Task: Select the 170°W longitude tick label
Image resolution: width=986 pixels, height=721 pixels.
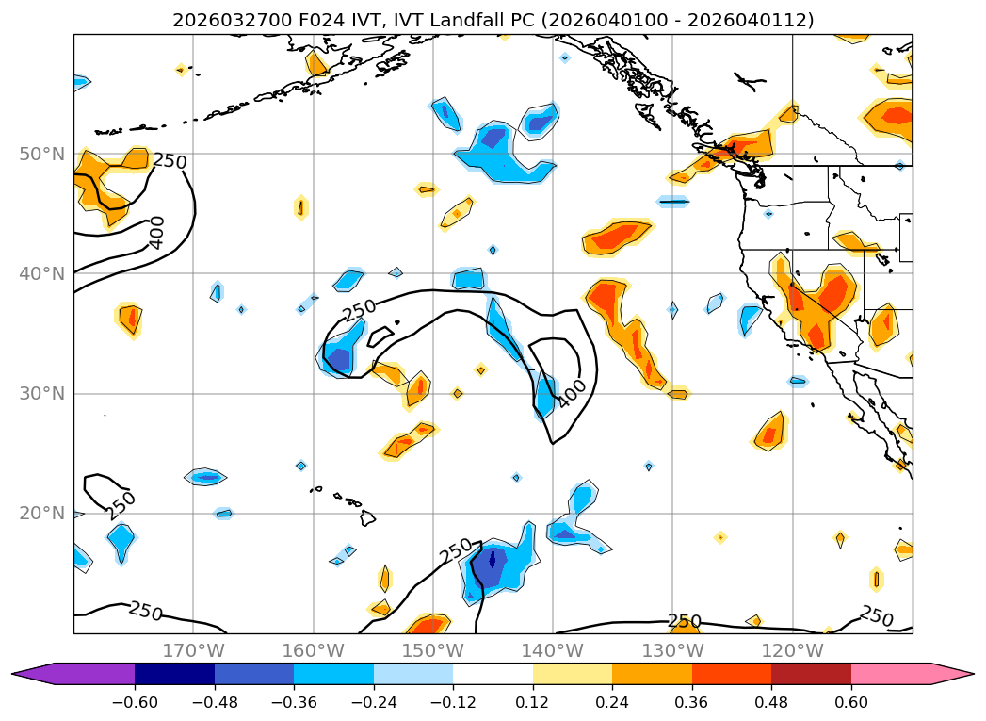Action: click(x=193, y=650)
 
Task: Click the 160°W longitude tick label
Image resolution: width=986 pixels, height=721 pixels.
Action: click(x=313, y=650)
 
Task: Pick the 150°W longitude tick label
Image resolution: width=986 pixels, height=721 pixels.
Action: click(x=432, y=650)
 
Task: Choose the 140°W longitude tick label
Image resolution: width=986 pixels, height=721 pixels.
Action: click(x=552, y=650)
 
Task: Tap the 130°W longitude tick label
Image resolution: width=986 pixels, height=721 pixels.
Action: click(x=672, y=650)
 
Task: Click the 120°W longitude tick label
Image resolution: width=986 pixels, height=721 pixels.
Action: click(x=792, y=650)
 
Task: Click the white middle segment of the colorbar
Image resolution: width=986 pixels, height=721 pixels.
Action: click(x=493, y=673)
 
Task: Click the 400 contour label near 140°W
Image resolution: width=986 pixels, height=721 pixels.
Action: click(x=571, y=394)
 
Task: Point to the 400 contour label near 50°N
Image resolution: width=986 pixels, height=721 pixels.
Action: click(x=156, y=232)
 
